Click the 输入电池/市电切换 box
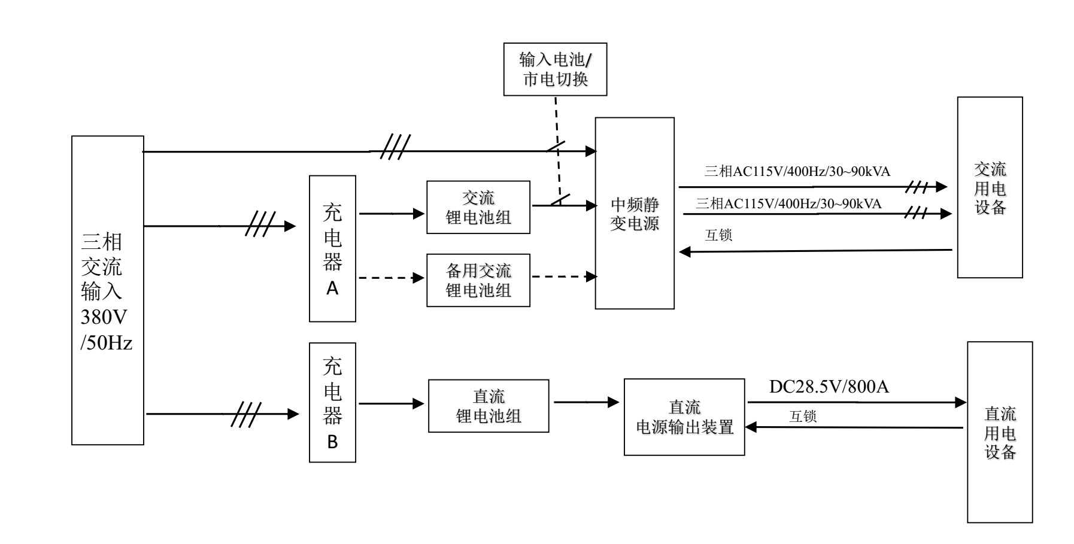(x=555, y=69)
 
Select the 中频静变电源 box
(x=634, y=213)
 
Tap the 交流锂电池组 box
(x=478, y=207)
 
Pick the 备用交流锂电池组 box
(x=478, y=280)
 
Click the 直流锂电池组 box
(x=488, y=406)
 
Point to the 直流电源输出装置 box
(x=684, y=417)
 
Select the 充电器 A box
(x=332, y=248)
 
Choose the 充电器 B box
(x=332, y=402)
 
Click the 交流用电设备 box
(x=990, y=187)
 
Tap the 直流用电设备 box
(x=1000, y=432)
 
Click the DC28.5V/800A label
(x=829, y=387)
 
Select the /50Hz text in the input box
(x=106, y=344)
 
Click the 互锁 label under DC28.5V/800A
(x=803, y=417)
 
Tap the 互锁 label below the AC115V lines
(x=718, y=235)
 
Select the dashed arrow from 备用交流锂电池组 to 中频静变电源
(x=563, y=276)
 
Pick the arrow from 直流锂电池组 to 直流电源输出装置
(x=585, y=402)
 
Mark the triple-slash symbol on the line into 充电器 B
(x=246, y=414)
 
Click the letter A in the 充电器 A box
(x=332, y=288)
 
